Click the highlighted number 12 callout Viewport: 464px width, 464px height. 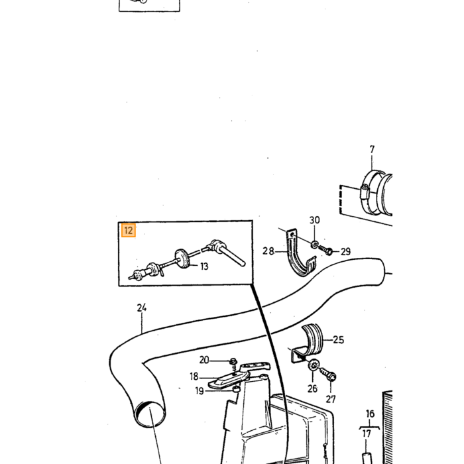point(129,231)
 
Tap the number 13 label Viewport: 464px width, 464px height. point(204,266)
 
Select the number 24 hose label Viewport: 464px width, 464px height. point(142,308)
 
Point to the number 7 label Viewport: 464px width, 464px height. point(372,149)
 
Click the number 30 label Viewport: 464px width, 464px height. point(315,220)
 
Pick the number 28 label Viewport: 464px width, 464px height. point(268,251)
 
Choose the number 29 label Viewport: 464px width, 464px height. point(345,252)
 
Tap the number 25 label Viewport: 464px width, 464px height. point(339,339)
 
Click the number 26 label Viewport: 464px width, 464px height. point(312,388)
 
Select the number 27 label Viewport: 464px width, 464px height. point(331,400)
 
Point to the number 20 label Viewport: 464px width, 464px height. point(204,360)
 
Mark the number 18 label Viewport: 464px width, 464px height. point(194,377)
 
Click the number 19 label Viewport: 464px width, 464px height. point(200,391)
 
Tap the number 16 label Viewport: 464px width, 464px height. point(370,414)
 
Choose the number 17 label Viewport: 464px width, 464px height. point(367,434)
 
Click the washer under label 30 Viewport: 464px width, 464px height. point(314,245)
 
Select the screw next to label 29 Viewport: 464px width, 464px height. point(325,250)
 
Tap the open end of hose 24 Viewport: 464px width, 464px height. point(149,414)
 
